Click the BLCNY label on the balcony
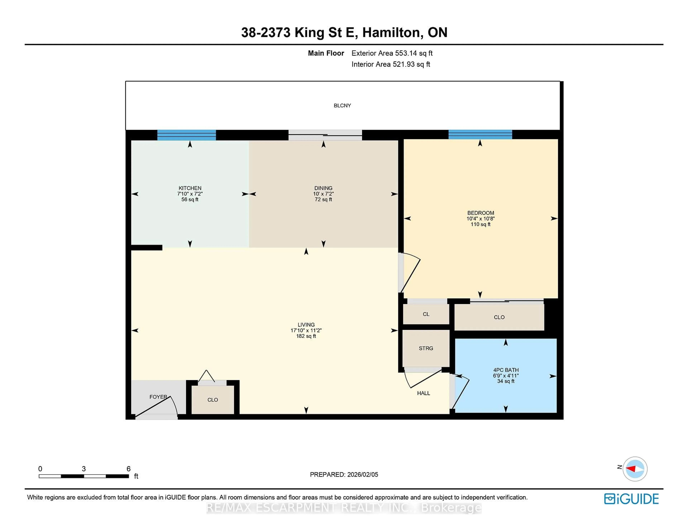342,106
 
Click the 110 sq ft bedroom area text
480,224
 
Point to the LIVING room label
306,325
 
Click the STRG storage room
426,348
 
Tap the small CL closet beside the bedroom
426,314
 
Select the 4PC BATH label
506,370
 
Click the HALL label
423,393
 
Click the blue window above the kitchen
187,135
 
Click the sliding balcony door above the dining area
325,135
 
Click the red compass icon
635,469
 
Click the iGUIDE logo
631,499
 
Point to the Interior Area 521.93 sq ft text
391,64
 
